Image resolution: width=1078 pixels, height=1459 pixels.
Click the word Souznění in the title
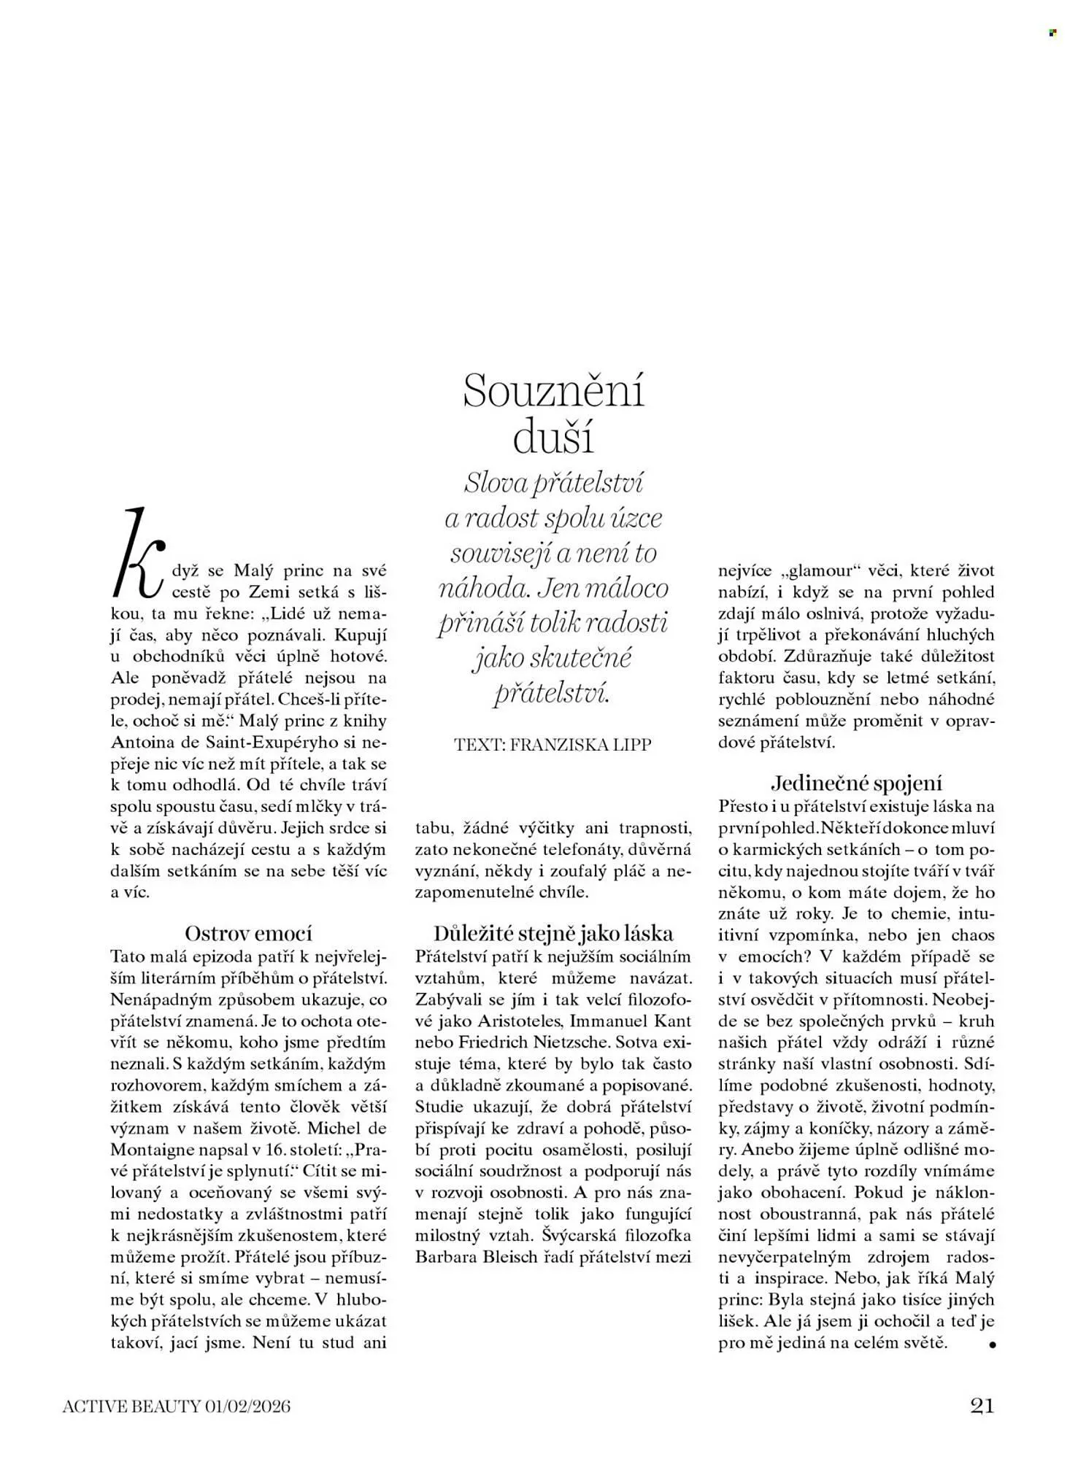[x=554, y=391]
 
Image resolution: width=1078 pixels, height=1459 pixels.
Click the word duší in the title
[x=553, y=438]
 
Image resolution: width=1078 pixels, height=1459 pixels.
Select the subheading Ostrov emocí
[x=248, y=933]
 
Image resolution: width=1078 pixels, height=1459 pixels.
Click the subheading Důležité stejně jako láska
[x=553, y=933]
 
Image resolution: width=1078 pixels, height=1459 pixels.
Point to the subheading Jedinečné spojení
[x=856, y=783]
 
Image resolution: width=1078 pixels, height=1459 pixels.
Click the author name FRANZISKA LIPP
[x=580, y=745]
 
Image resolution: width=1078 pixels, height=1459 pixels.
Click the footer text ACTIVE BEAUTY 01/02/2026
[x=176, y=1406]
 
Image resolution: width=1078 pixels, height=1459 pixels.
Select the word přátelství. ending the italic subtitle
[x=551, y=692]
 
